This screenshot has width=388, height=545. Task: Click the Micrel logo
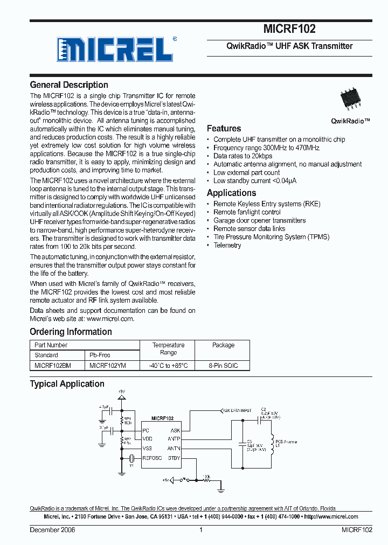(x=115, y=50)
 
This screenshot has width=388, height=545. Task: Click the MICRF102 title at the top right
(x=289, y=29)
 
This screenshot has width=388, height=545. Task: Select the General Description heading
(x=69, y=85)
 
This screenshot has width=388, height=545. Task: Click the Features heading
(x=224, y=128)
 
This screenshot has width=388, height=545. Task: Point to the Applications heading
(x=231, y=193)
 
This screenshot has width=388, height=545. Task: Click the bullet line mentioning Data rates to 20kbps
(x=242, y=156)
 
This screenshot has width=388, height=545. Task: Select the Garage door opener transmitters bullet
(x=259, y=220)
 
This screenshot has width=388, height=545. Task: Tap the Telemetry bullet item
(x=227, y=245)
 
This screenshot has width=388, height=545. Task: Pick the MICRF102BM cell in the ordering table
(x=52, y=365)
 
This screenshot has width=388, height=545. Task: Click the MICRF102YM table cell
(x=108, y=365)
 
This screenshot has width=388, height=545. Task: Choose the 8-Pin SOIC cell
(x=223, y=365)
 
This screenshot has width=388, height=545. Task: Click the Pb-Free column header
(x=100, y=355)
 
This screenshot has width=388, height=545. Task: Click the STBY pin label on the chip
(x=174, y=458)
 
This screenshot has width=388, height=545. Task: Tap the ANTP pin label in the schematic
(x=174, y=439)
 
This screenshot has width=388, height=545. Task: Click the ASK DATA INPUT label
(x=237, y=410)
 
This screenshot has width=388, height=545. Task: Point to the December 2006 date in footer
(x=52, y=530)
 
